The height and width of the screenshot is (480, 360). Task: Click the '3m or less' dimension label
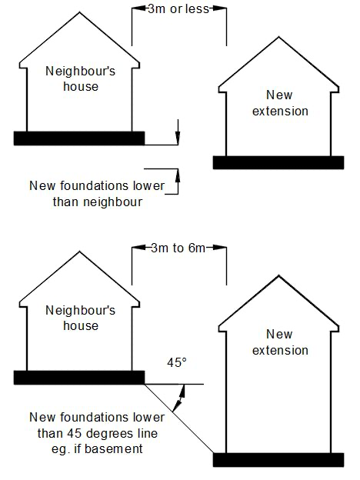coord(178,9)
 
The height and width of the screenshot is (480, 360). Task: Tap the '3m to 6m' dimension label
coord(178,248)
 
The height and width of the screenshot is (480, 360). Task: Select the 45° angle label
coord(177,363)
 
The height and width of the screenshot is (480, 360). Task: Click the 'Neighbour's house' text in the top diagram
coord(80,78)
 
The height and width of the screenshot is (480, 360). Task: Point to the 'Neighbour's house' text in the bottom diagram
coord(80,318)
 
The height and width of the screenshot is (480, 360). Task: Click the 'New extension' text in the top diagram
coord(280,103)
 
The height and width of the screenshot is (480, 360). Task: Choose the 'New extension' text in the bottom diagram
coord(280,342)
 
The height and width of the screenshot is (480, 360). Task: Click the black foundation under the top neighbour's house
coord(79,138)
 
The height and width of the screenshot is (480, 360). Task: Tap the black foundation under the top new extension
coord(278,162)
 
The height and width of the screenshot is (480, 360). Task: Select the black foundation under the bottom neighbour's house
coord(79,378)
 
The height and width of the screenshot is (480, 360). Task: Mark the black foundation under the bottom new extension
coord(278,460)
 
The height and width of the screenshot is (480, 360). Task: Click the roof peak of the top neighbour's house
coord(80,12)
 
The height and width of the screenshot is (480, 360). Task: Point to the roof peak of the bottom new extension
coord(278,276)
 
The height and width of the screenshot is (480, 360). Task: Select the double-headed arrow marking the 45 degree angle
coord(178,398)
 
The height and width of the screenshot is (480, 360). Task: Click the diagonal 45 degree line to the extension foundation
coord(178,418)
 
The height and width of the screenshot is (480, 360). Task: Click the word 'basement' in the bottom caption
coord(114,448)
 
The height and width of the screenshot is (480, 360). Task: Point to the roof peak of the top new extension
coord(278,38)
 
